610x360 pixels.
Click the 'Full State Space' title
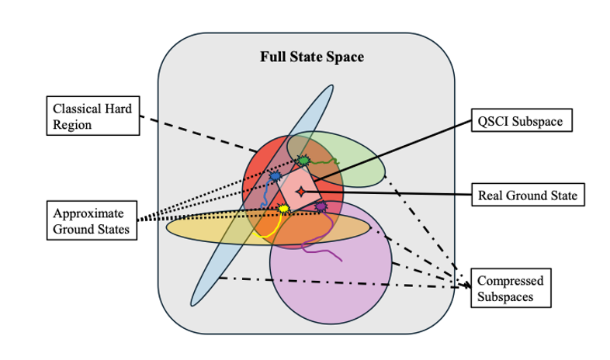[311, 57]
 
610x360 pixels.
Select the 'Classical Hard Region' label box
[91, 114]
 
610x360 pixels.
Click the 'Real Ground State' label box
[528, 195]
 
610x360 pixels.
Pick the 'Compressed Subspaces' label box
[510, 289]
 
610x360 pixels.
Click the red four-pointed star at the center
[302, 191]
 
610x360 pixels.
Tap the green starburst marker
[303, 161]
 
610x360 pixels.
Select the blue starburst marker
[275, 177]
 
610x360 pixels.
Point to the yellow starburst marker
[284, 209]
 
